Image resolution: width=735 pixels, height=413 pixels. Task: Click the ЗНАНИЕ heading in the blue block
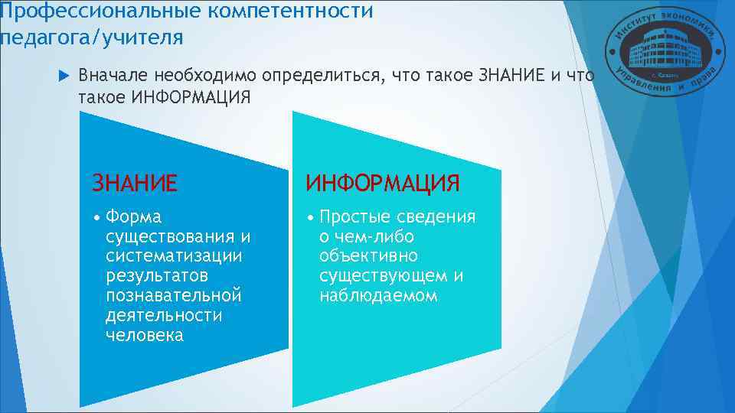[x=135, y=184]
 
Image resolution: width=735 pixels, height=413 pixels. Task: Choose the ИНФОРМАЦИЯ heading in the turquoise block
[x=383, y=184]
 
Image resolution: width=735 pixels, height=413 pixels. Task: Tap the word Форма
[x=134, y=217]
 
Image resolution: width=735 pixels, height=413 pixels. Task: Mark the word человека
[x=145, y=336]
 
